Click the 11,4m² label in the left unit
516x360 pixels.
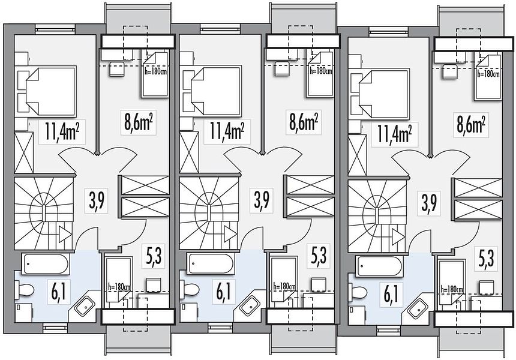62,131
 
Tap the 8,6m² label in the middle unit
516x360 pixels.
304,122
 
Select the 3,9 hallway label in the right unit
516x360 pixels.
429,203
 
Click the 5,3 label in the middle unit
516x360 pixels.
319,255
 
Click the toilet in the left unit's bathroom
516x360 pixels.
25,290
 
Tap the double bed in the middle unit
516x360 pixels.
214,91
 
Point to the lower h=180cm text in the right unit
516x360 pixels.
452,290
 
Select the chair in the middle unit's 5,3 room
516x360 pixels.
319,286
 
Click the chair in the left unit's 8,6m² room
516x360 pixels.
116,69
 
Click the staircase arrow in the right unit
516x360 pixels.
398,236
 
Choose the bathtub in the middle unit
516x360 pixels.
211,263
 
